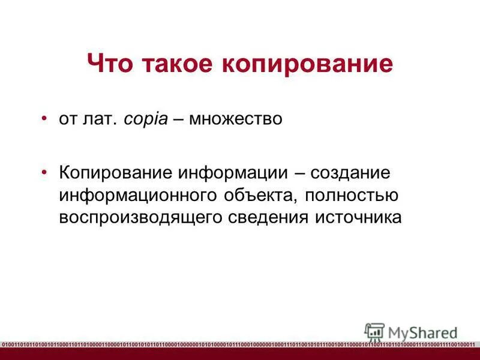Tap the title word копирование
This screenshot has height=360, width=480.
tap(307, 63)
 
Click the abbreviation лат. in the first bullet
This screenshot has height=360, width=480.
tap(104, 119)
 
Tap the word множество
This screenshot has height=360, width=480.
tap(235, 119)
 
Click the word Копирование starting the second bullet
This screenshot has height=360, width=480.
tap(114, 173)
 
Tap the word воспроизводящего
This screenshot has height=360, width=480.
tap(141, 217)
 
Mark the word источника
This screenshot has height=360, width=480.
tap(357, 217)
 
